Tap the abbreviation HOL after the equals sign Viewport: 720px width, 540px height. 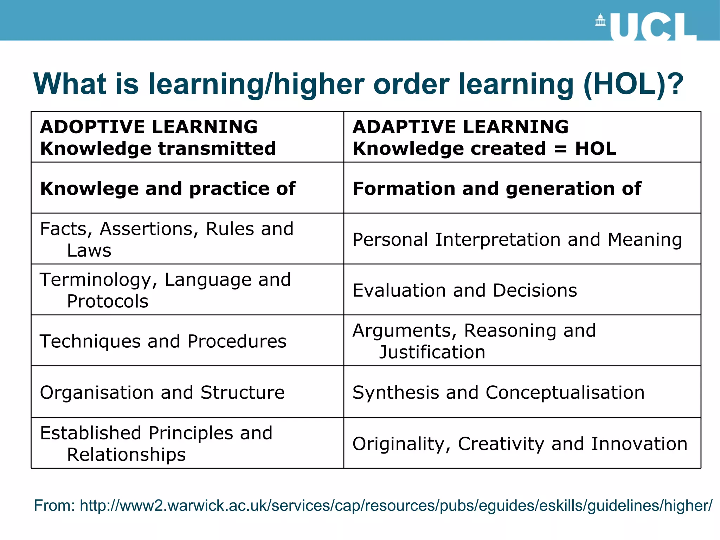[x=596, y=148]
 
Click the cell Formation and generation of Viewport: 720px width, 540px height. [x=497, y=189]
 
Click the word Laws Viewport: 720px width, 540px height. [x=89, y=251]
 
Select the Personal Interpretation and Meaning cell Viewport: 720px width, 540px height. [x=517, y=240]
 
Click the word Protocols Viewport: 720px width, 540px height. [x=108, y=302]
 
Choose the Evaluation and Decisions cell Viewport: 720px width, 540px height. [x=465, y=291]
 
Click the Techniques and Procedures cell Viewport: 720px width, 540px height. [x=163, y=341]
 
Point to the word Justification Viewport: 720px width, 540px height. [x=432, y=352]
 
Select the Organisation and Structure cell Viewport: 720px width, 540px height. [x=162, y=392]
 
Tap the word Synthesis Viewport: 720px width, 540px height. [x=396, y=393]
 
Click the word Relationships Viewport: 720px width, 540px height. [x=126, y=455]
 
